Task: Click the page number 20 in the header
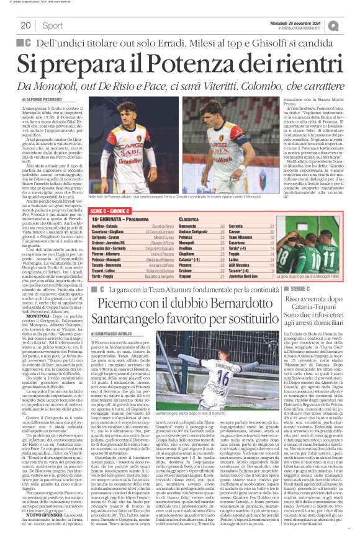click(26, 25)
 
